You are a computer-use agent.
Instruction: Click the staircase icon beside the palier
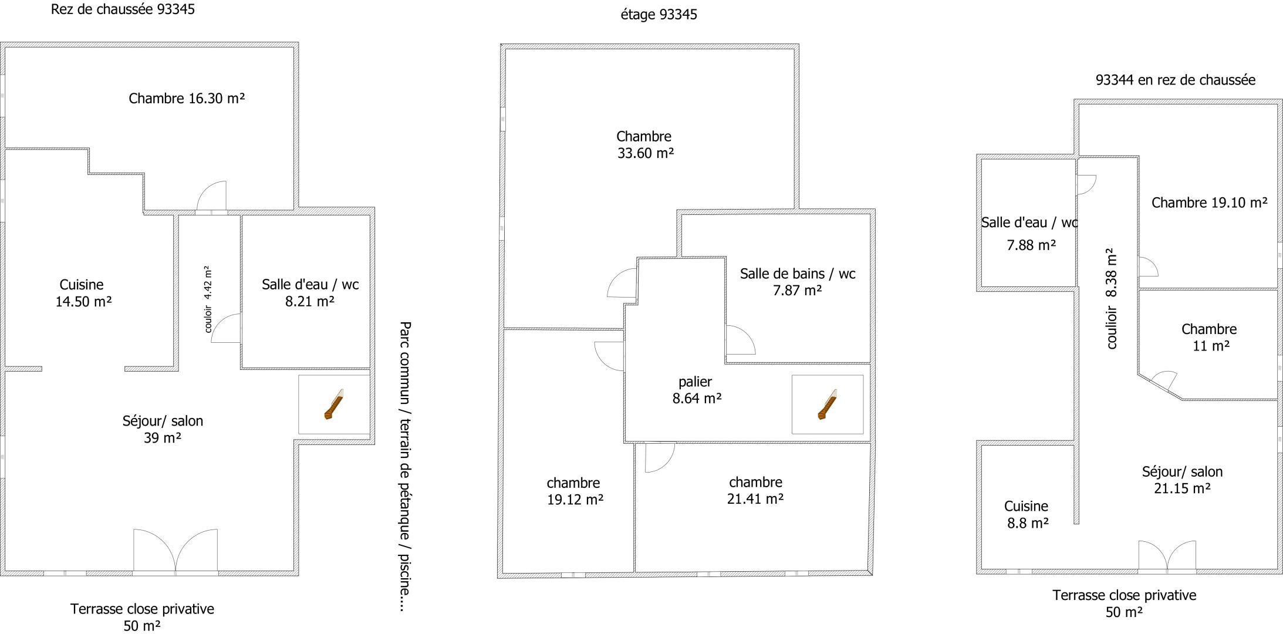point(827,404)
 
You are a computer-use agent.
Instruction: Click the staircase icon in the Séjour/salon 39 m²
point(333,404)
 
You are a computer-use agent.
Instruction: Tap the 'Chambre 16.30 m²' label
point(187,98)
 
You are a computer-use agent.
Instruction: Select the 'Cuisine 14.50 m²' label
point(83,293)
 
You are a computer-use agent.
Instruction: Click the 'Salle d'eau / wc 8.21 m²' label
point(310,293)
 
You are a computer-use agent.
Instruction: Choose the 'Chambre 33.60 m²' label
point(644,145)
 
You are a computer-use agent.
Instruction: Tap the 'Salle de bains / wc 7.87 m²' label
point(798,282)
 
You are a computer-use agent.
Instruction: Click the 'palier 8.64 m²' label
point(697,390)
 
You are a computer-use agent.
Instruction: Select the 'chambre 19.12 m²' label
point(575,491)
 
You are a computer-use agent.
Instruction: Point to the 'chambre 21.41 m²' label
point(755,490)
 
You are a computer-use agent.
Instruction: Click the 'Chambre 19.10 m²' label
point(1209,203)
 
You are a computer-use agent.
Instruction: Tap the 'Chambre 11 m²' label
point(1209,338)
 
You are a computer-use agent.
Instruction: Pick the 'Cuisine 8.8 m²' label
point(1027,514)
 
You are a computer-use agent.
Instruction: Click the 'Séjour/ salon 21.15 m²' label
point(1182,480)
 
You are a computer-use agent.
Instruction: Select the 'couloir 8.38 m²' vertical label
point(1110,299)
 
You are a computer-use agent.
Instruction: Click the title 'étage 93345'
point(659,14)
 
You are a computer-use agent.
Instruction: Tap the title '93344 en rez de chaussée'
point(1176,80)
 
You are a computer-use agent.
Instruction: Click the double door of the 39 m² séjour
point(175,550)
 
